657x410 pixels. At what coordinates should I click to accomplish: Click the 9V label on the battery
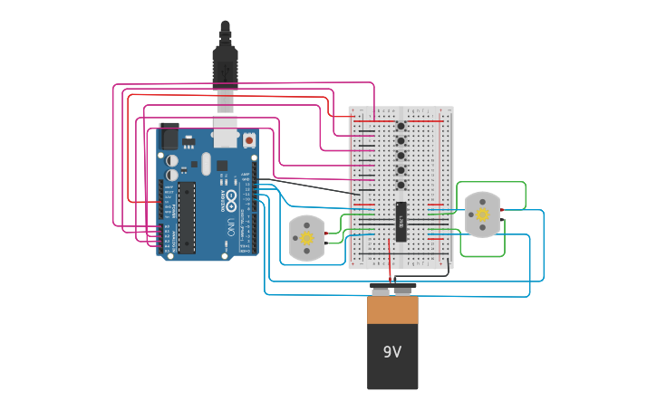(391, 352)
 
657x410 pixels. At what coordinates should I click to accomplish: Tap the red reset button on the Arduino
(248, 140)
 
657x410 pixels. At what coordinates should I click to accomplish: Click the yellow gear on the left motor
(307, 238)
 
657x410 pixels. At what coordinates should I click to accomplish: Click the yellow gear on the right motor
(482, 215)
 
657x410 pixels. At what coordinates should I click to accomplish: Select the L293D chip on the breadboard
(401, 222)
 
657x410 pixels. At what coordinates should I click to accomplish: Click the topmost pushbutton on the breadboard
(401, 126)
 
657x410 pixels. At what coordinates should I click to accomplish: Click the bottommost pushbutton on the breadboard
(401, 185)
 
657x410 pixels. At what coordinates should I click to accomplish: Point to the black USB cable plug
(225, 63)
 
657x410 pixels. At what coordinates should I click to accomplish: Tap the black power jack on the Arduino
(169, 136)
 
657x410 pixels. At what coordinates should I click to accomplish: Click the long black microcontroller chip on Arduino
(186, 217)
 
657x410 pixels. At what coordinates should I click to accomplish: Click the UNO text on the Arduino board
(231, 226)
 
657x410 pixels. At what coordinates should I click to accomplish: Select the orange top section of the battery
(392, 309)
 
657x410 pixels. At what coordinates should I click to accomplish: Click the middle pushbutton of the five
(401, 156)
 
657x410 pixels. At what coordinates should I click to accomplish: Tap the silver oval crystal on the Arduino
(207, 163)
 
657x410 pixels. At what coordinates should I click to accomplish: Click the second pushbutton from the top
(401, 140)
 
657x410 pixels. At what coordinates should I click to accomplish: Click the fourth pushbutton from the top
(401, 170)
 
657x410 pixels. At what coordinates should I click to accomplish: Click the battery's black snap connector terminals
(392, 289)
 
